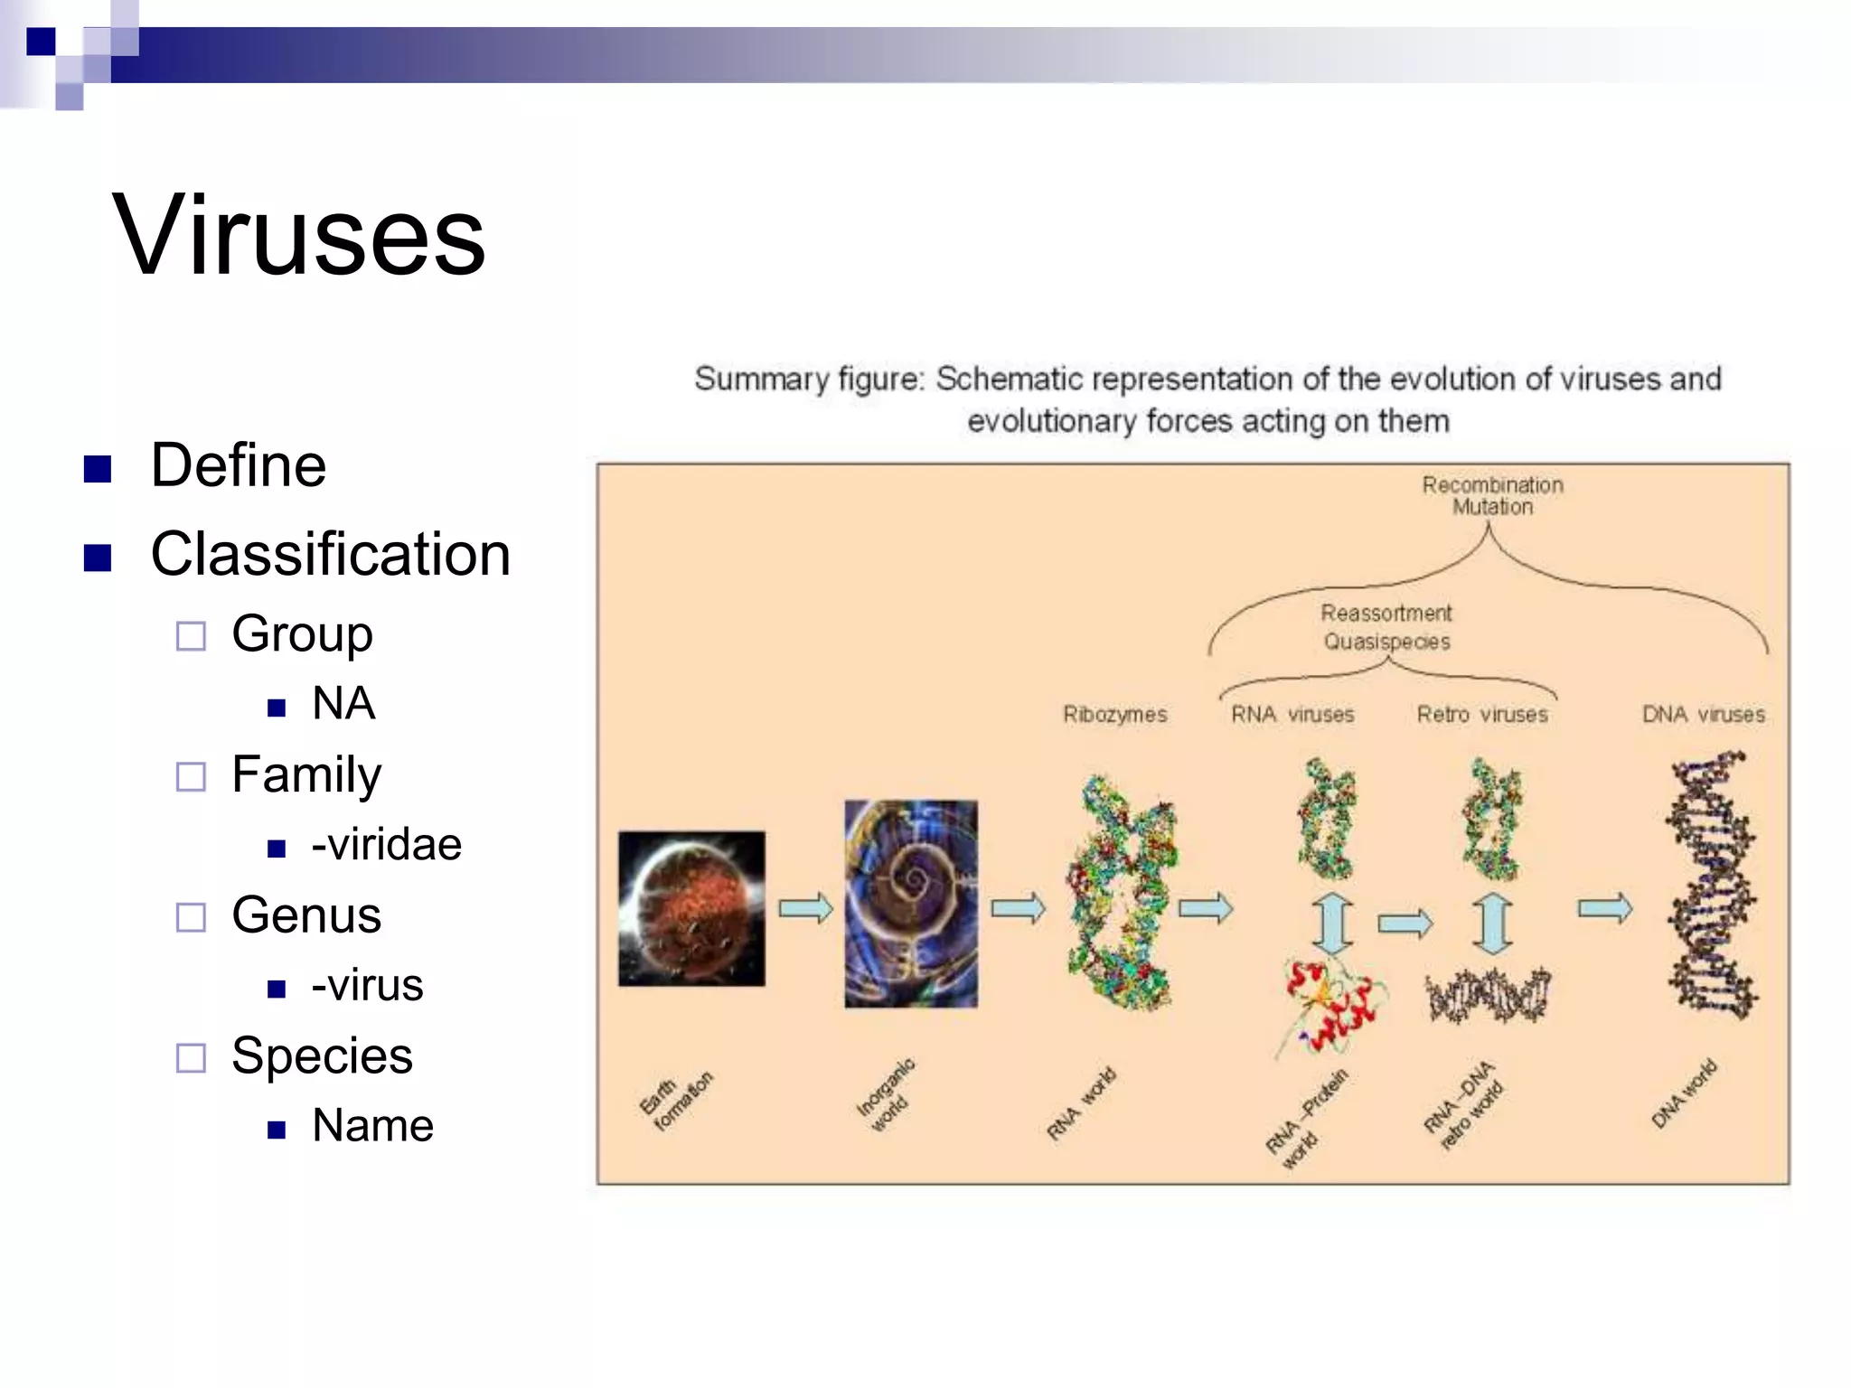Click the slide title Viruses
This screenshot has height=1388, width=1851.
pyautogui.click(x=299, y=236)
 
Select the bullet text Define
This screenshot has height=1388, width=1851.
pyautogui.click(x=238, y=465)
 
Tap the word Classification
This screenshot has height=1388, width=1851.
pyautogui.click(x=330, y=554)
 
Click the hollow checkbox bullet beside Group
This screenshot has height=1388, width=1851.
pyautogui.click(x=191, y=635)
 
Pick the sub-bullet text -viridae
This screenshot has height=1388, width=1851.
pyautogui.click(x=386, y=845)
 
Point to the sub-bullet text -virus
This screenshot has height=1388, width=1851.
pyautogui.click(x=367, y=985)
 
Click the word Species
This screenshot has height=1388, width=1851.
pyautogui.click(x=322, y=1055)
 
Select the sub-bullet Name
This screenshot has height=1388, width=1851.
pyautogui.click(x=372, y=1126)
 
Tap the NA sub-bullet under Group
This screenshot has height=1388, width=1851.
pyautogui.click(x=343, y=704)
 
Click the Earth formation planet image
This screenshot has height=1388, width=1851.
pyautogui.click(x=691, y=908)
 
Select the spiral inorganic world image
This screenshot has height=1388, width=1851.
pyautogui.click(x=911, y=904)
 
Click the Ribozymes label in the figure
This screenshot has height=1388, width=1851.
pyautogui.click(x=1114, y=715)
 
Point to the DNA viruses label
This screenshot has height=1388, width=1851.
pyautogui.click(x=1703, y=715)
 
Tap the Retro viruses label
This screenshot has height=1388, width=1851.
pyautogui.click(x=1482, y=715)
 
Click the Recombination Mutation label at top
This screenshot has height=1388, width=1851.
pyautogui.click(x=1492, y=496)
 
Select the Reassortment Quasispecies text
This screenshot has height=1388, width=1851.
pyautogui.click(x=1386, y=627)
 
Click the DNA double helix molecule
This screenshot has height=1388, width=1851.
pyautogui.click(x=1711, y=886)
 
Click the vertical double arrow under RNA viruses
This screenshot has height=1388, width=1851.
pyautogui.click(x=1332, y=924)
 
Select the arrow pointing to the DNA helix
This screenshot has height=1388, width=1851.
pyautogui.click(x=1605, y=908)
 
